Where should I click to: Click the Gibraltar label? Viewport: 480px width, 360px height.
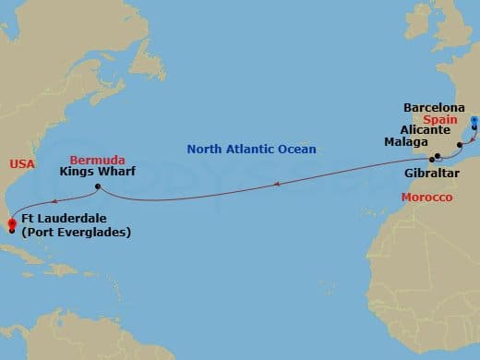pyautogui.click(x=432, y=173)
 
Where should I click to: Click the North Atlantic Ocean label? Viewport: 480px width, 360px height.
pyautogui.click(x=251, y=149)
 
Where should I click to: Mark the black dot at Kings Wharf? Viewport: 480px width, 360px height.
pyautogui.click(x=97, y=187)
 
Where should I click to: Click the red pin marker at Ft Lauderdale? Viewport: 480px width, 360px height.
pyautogui.click(x=11, y=222)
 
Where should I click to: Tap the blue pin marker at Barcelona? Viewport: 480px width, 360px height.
pyautogui.click(x=474, y=120)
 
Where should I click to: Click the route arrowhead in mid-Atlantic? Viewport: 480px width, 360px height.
pyautogui.click(x=274, y=185)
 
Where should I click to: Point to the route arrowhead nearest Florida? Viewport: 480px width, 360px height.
pyautogui.click(x=53, y=200)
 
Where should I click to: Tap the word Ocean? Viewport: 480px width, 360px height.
pyautogui.click(x=296, y=149)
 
